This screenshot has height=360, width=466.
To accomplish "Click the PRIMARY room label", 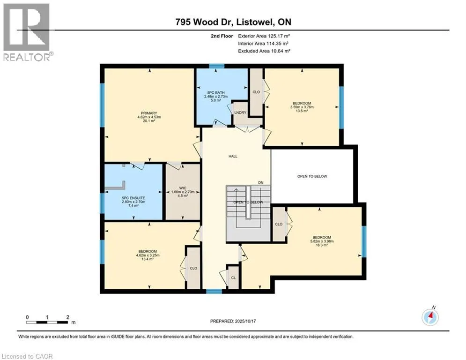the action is pos(149,113).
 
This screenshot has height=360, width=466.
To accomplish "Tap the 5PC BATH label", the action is pos(216,92).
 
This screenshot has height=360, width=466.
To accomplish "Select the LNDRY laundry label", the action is pos(240,112).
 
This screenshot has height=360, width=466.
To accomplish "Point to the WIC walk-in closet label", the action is pos(183,188).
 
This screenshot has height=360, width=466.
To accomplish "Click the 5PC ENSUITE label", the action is pos(133,198).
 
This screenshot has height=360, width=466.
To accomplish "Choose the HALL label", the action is pos(233,156).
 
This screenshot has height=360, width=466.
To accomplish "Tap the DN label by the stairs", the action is pos(261,182).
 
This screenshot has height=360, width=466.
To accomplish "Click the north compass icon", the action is pos(430,316).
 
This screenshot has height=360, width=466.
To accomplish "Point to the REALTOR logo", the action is pos(27,32).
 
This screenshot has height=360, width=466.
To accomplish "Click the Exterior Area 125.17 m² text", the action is pos(264,36).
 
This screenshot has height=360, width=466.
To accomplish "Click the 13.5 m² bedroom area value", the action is pos(302,111).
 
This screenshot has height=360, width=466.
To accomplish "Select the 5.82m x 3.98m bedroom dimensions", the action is pos(322,241).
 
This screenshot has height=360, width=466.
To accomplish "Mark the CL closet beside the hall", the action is pos(233,277).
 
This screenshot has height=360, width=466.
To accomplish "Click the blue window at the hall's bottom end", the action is pos(214,291).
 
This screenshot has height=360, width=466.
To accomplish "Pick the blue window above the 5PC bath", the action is pos(217,66).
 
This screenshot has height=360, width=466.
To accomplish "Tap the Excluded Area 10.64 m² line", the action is pos(264,51).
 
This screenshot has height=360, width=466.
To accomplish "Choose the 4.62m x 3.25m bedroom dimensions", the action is pos(148,255).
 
